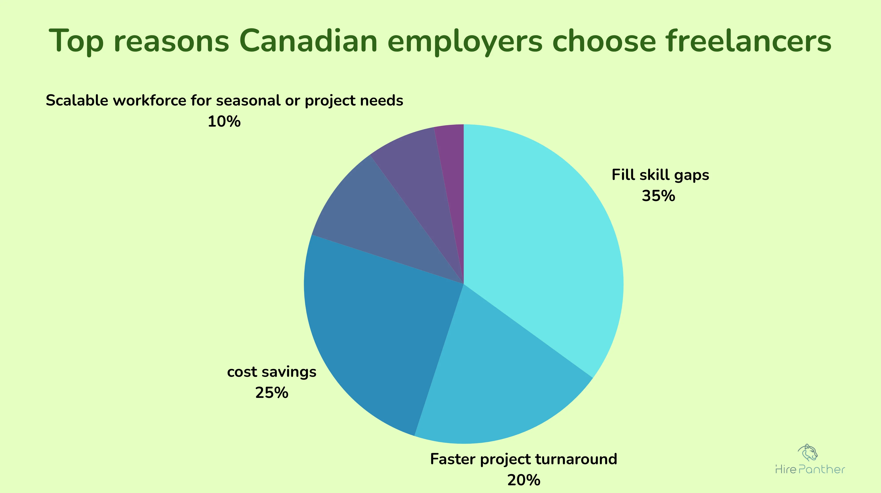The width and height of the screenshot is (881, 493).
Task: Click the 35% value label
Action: [x=658, y=196]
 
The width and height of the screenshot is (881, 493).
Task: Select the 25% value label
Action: [x=272, y=393]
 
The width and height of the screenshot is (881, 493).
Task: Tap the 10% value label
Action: [x=224, y=122]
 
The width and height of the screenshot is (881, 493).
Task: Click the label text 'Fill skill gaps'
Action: [x=660, y=175]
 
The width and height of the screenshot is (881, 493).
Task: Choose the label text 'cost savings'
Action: [x=272, y=372]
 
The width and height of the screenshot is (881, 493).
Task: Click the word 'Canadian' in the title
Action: [x=308, y=41]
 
